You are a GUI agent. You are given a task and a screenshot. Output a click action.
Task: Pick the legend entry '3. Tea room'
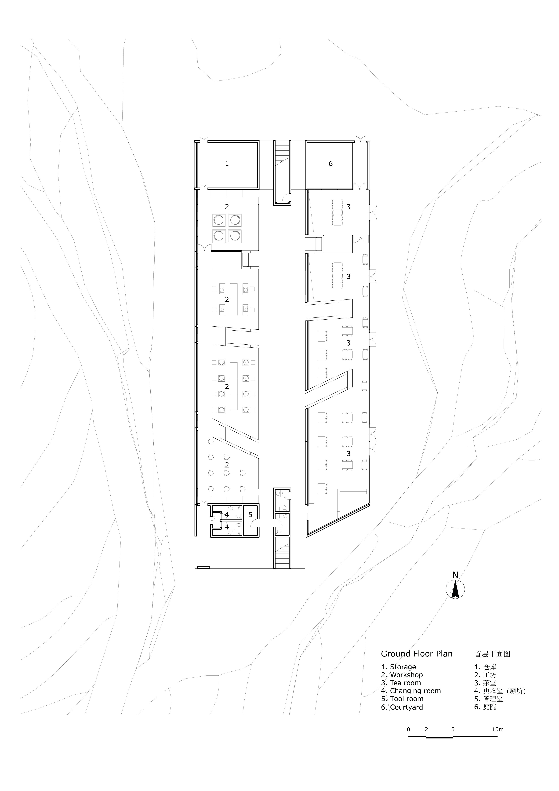(401, 683)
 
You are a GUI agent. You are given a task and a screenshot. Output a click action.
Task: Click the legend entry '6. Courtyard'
(402, 707)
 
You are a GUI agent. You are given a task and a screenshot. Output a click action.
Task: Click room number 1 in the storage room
(227, 164)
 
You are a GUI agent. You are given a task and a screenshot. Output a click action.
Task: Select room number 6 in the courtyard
(330, 164)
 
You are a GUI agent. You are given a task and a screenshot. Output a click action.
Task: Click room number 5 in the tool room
(250, 515)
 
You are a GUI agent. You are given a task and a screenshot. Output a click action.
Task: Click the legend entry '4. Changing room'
(410, 691)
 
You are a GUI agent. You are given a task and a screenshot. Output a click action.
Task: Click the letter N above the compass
(455, 575)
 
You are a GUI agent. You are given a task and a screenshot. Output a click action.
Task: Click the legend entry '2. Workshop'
(402, 675)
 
